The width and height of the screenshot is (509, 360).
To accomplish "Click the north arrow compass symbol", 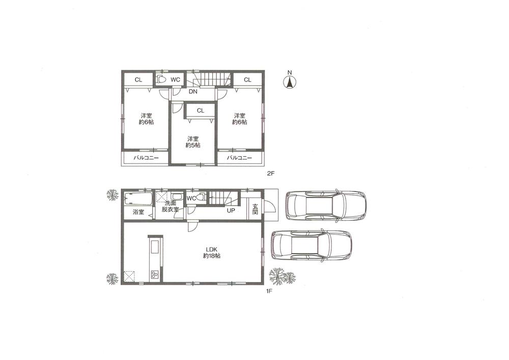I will pos(290,81).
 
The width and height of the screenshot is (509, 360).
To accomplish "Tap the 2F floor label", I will pos(271,174).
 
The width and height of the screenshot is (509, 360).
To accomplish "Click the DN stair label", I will pos(193,92).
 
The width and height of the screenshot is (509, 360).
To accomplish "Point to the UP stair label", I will pos(231,210).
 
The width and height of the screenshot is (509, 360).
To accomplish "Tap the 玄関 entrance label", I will pos(255,209).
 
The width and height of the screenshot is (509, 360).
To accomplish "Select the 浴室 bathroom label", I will pos(138,212).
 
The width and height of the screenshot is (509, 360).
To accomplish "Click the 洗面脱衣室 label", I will pos(171,206).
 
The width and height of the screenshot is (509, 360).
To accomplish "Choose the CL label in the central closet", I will pos(200,110).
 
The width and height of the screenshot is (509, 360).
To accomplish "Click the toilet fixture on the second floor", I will pos(161,79).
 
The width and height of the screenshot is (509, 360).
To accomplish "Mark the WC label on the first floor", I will pos(191,198).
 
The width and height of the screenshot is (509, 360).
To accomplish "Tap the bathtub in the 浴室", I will pos(135,198).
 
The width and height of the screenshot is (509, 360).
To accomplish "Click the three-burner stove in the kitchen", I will pos(154,275).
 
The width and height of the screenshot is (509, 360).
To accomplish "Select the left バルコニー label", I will pos(147,158).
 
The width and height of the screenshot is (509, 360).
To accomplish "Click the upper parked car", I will pos(326,206).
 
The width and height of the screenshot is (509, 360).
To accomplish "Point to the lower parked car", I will pos(312,246).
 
